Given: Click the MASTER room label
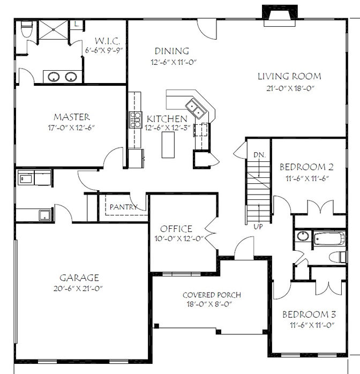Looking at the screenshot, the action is click(x=72, y=117).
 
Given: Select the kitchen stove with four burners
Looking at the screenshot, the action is click(x=136, y=119).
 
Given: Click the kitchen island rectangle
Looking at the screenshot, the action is click(x=168, y=144).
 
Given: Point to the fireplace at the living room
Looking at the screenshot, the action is click(x=280, y=15).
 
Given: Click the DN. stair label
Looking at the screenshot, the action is click(x=259, y=155).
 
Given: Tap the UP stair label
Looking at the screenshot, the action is click(x=258, y=226).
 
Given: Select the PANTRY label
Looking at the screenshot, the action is click(x=124, y=207).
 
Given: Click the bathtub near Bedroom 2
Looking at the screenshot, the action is click(x=329, y=238).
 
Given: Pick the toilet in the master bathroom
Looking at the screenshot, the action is click(x=26, y=29).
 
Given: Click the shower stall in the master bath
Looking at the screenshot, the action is click(x=54, y=29).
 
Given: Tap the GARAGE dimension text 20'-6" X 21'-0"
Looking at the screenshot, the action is click(x=78, y=288).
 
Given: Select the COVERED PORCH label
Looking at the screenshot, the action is click(x=212, y=295).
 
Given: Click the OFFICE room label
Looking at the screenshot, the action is click(x=176, y=229).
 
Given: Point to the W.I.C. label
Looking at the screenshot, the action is click(x=107, y=41).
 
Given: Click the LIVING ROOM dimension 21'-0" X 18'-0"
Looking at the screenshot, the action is click(x=290, y=88).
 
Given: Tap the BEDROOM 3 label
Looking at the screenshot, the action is click(x=309, y=315).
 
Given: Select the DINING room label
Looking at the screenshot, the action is click(x=172, y=51).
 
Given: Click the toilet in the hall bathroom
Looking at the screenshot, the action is click(x=337, y=257).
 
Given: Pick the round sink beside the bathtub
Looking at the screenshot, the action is click(x=303, y=236).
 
